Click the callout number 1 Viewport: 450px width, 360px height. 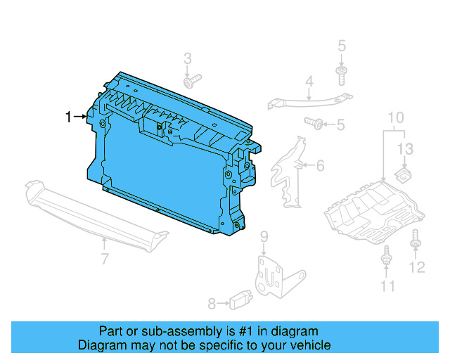(x=68, y=117)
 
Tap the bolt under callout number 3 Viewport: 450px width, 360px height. (x=191, y=82)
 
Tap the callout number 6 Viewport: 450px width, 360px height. (x=320, y=166)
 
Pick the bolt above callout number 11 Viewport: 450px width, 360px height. (x=386, y=257)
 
